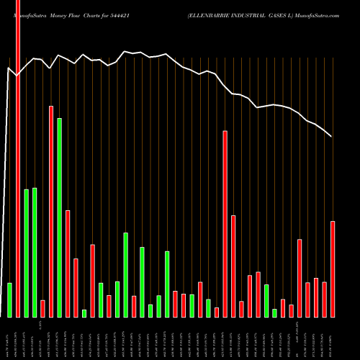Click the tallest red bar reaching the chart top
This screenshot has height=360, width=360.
tap(18, 158)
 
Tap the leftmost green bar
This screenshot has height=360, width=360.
tap(10, 300)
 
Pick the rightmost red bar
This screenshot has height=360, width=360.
tap(333, 269)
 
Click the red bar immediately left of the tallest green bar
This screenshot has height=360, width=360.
tap(51, 211)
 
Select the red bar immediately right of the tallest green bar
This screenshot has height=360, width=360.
tap(68, 264)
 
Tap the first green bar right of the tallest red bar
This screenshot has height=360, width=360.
tap(27, 253)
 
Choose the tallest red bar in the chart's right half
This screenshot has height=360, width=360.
tap(225, 223)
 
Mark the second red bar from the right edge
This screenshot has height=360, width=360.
tap(324, 299)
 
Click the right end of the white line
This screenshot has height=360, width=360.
tap(331, 136)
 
